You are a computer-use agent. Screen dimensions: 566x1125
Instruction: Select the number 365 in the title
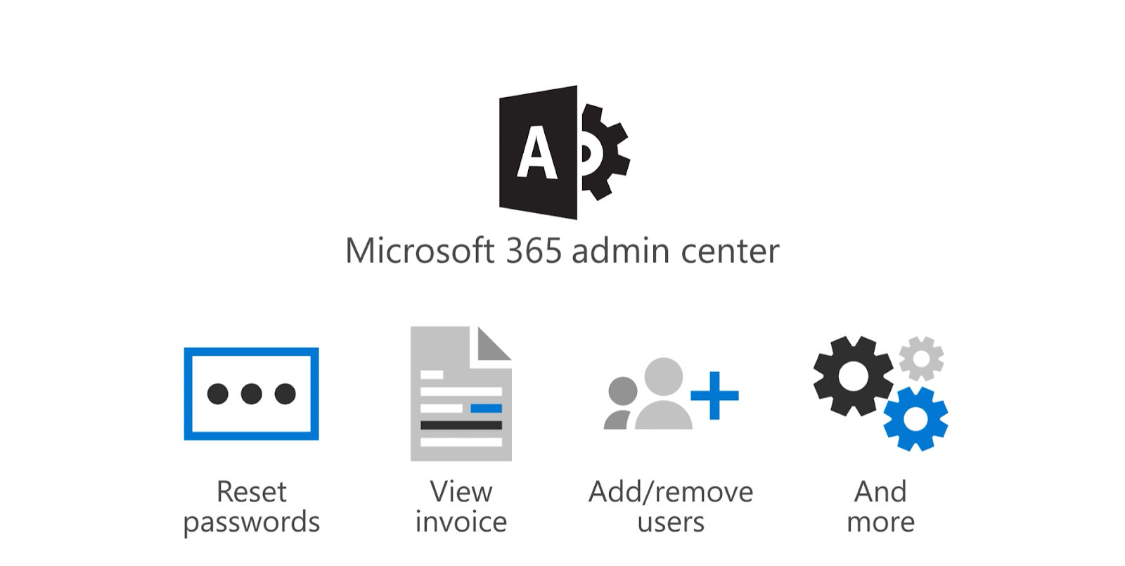[534, 251]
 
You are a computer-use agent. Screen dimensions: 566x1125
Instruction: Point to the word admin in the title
[620, 251]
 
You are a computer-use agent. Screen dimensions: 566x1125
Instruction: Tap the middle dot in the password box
[251, 394]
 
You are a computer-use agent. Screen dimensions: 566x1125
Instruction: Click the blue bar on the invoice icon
[486, 409]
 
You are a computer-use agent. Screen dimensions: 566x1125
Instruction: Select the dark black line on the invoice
[461, 425]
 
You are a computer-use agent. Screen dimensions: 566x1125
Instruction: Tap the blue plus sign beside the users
[714, 395]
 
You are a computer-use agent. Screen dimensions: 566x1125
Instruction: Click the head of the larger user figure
[663, 376]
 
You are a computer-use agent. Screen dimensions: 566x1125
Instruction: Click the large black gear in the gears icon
[854, 376]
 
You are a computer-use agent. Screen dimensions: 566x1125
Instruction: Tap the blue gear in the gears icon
[915, 419]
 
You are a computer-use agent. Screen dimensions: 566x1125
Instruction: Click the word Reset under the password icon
[251, 491]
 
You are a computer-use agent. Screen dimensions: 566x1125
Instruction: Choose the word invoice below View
[461, 522]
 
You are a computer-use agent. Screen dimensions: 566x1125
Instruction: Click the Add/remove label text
[670, 491]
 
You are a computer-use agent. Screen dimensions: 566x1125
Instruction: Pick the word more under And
[880, 522]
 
